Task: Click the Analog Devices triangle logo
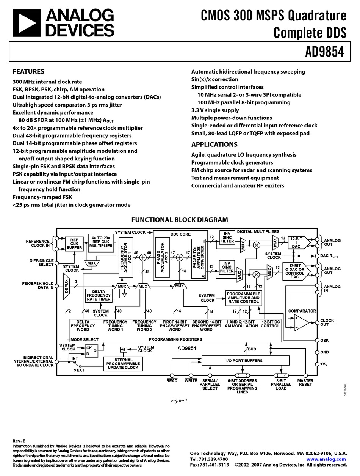27,23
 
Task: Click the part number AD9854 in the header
325,52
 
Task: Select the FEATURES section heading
28,71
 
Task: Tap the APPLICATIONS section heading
214,144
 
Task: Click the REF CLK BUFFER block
74,244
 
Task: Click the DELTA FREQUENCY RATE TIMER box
99,295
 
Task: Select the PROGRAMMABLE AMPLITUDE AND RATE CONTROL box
243,297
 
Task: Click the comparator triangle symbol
301,323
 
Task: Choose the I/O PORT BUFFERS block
245,360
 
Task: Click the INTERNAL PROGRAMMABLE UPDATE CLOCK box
123,364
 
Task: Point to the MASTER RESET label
305,382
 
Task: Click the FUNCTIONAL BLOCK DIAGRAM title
179,220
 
